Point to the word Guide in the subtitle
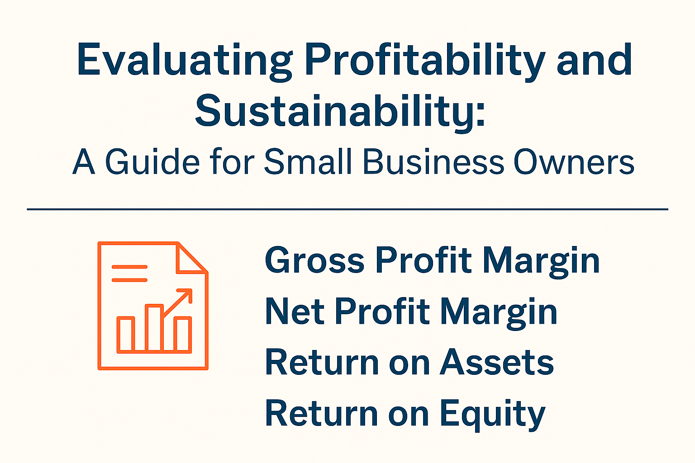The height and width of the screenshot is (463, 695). tap(152, 162)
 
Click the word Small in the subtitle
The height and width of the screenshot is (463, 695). tap(308, 162)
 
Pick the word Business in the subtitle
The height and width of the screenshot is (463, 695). tap(433, 162)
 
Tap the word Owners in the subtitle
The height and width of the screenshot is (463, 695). tap(574, 162)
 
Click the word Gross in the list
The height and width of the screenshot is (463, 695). tap(314, 260)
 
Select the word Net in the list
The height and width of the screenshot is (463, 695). tap(295, 312)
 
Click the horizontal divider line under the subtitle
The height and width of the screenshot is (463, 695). tap(347, 209)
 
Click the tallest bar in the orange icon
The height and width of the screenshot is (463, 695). tap(154, 329)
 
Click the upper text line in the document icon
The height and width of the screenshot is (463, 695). tap(129, 267)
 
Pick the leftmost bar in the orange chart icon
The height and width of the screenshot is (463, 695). tap(126, 335)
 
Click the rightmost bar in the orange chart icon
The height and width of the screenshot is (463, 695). tap(182, 335)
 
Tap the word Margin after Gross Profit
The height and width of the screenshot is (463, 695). tap(541, 262)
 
